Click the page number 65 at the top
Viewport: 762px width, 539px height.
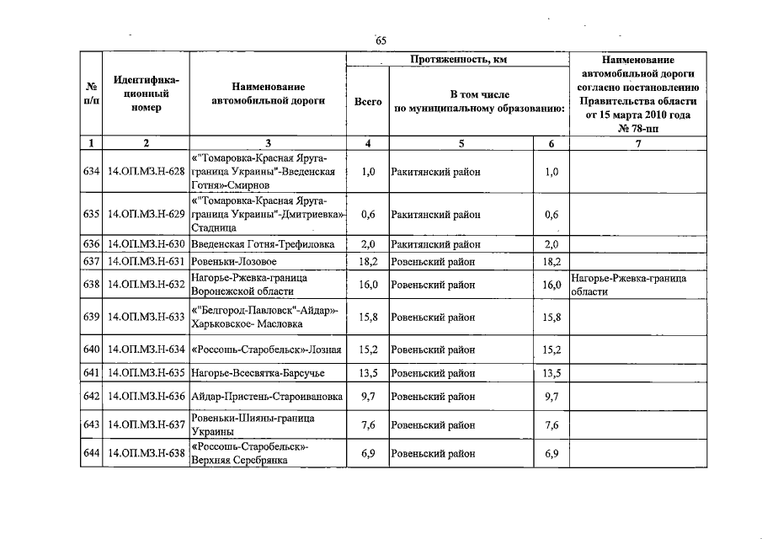pyautogui.click(x=381, y=40)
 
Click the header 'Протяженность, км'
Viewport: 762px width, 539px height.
pyautogui.click(x=458, y=60)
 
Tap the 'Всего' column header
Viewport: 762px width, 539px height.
pyautogui.click(x=367, y=101)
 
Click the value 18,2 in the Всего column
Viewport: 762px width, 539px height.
pyautogui.click(x=367, y=261)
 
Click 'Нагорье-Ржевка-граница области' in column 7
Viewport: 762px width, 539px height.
pyautogui.click(x=628, y=285)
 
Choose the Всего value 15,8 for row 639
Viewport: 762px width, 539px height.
pyautogui.click(x=367, y=318)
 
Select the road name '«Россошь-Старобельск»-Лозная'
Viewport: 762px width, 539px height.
pyautogui.click(x=266, y=350)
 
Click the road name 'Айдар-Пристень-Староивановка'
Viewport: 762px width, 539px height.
pyautogui.click(x=267, y=397)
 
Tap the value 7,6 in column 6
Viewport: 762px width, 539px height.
pyautogui.click(x=552, y=425)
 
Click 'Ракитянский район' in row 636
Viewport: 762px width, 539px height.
pyautogui.click(x=435, y=244)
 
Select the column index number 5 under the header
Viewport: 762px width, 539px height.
pyautogui.click(x=461, y=143)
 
